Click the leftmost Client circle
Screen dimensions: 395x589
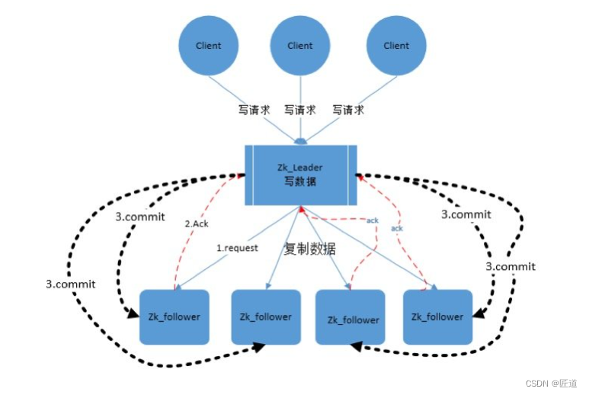(x=208, y=46)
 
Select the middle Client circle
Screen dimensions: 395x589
(x=299, y=46)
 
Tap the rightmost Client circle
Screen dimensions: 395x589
(x=395, y=46)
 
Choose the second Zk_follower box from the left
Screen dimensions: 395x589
(x=264, y=316)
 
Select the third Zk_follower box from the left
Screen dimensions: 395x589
(x=352, y=319)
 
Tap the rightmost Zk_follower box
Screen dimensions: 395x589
(x=437, y=316)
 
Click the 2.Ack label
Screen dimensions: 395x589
(x=197, y=223)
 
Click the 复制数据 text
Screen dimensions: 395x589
(x=310, y=249)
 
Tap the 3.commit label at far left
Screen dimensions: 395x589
(x=70, y=284)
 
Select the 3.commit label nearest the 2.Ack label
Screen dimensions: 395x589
(x=140, y=217)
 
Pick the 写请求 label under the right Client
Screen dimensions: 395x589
(x=347, y=111)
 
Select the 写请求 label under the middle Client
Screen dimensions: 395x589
(x=299, y=111)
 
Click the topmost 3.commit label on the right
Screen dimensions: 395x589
(x=466, y=215)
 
